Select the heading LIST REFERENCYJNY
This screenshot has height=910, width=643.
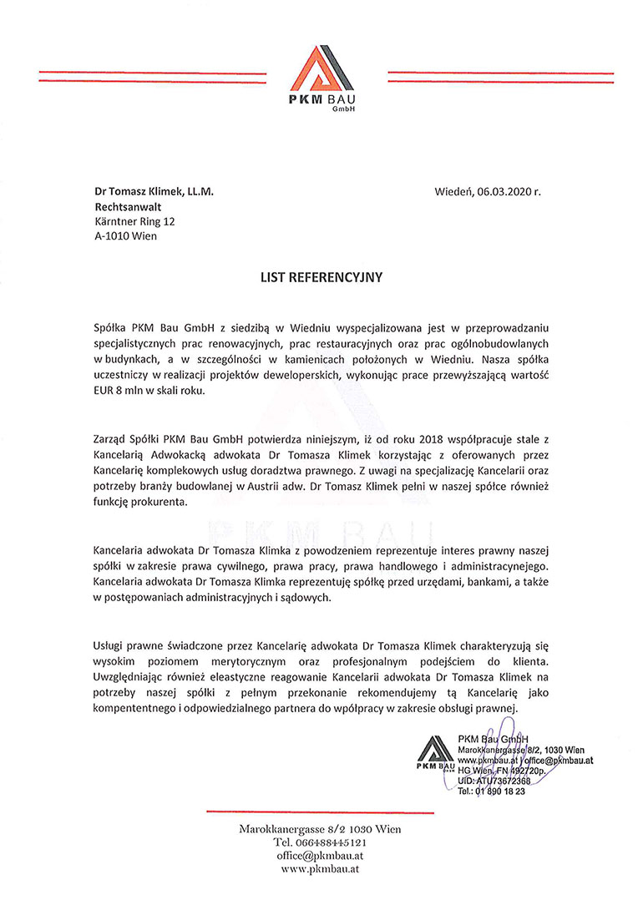(x=321, y=277)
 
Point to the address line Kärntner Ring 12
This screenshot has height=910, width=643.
(x=134, y=221)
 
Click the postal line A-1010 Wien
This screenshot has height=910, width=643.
(x=125, y=236)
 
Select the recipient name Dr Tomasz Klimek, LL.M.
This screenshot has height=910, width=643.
(x=154, y=191)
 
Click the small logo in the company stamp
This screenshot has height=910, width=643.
(x=435, y=752)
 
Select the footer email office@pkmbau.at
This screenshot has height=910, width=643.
(x=321, y=856)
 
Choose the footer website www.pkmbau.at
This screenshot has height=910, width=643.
(x=321, y=869)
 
